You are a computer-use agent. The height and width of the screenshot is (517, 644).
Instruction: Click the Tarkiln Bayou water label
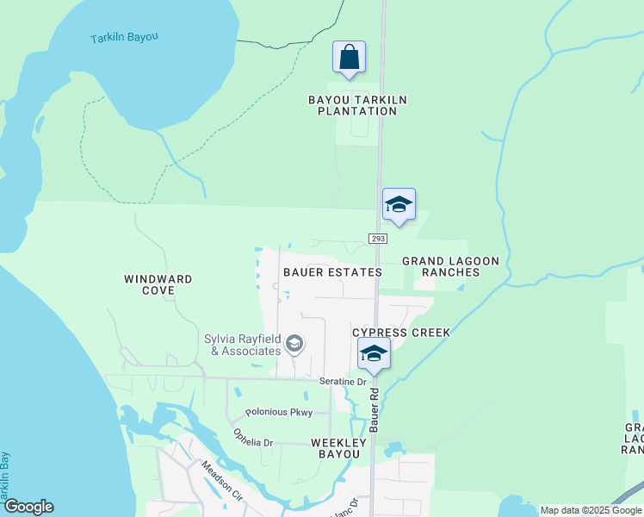(x=125, y=38)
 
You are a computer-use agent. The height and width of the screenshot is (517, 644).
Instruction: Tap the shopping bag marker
(x=349, y=58)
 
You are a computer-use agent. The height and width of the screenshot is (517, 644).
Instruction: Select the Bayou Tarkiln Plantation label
(x=357, y=105)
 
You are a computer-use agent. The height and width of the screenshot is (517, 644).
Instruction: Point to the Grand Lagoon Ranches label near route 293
(x=440, y=266)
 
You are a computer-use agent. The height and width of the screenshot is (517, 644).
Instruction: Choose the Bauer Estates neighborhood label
(x=332, y=272)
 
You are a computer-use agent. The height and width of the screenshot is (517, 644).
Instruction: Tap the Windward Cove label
(x=158, y=284)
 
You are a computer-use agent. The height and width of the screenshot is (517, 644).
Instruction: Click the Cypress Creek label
(x=401, y=332)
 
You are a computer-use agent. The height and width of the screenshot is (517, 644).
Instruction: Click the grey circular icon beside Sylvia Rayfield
(x=294, y=346)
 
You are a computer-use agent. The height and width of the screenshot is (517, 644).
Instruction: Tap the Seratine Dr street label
(x=344, y=382)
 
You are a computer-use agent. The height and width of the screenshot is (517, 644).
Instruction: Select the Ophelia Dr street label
(x=253, y=443)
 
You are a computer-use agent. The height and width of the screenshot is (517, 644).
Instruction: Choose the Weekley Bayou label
(x=338, y=448)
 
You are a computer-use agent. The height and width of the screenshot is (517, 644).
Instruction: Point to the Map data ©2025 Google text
(x=591, y=510)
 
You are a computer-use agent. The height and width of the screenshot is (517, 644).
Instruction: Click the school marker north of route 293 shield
(x=399, y=205)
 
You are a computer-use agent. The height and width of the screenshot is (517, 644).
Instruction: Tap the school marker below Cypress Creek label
(x=374, y=353)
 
